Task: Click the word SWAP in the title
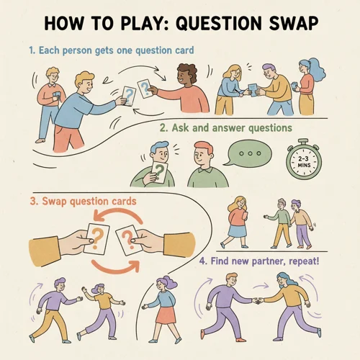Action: point(287,23)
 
